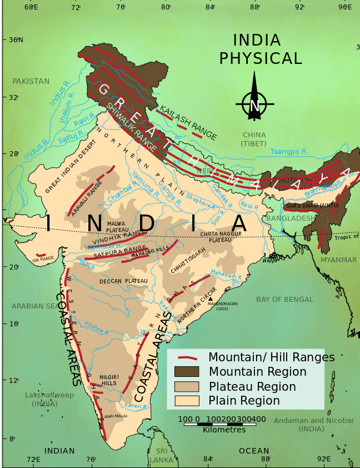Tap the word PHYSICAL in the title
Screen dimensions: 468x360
point(261,59)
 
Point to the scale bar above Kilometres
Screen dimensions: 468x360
point(222,424)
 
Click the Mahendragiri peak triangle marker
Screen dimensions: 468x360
point(211,299)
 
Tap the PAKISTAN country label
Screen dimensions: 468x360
point(31,81)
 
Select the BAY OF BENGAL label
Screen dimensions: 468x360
point(284,300)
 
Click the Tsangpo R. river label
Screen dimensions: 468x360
point(289,152)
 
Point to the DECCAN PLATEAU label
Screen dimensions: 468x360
point(123,281)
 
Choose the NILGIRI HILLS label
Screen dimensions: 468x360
point(109,380)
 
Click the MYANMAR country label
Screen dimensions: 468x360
point(338,260)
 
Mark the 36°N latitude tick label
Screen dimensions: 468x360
point(16,39)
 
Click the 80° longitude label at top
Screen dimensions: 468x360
point(166,7)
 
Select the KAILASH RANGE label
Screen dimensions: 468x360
point(188,122)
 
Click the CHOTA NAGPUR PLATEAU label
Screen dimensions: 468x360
point(222,237)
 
